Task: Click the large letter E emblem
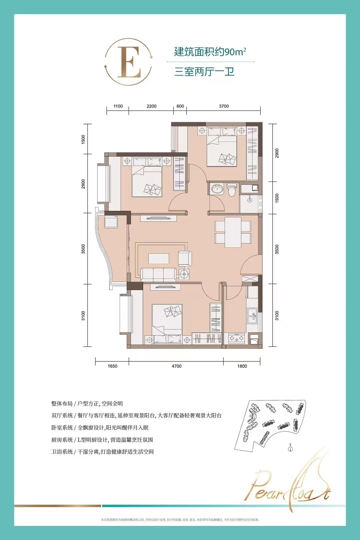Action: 129,62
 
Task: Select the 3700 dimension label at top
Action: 224,106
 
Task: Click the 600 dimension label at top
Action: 180,106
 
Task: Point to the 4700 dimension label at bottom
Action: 176,366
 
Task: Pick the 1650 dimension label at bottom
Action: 112,366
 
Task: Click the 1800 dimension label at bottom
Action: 242,366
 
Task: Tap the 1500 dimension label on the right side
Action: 277,198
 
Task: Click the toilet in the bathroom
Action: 231,189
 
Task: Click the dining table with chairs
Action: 233,232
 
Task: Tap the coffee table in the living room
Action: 159,259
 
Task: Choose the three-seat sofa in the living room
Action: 158,274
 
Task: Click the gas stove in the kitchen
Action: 236,338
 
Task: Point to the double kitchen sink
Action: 252,316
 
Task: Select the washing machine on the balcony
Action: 111,222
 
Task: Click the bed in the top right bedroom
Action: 222,147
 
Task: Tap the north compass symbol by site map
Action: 290,448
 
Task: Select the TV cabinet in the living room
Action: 158,218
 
